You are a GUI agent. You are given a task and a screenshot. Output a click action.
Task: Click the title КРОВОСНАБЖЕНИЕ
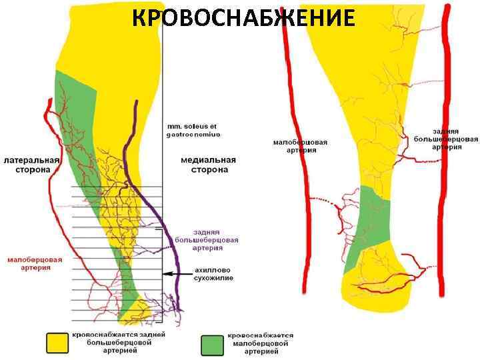click(x=243, y=19)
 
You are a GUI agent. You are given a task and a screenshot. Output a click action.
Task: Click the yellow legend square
click(x=57, y=343)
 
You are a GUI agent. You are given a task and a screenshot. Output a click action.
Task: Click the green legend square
click(x=212, y=343)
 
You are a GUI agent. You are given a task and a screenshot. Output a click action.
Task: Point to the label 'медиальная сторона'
click(x=205, y=165)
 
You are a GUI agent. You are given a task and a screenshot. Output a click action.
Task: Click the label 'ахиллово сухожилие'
click(x=214, y=273)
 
